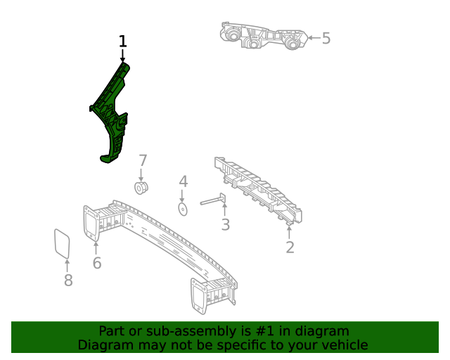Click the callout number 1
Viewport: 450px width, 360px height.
click(x=123, y=41)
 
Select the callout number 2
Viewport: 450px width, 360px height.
click(x=290, y=247)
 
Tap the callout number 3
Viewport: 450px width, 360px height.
click(x=225, y=225)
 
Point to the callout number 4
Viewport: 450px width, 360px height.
click(x=183, y=181)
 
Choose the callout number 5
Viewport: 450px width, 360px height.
click(x=326, y=38)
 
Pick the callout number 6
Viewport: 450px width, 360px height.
click(x=97, y=263)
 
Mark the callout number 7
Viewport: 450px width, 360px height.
click(x=142, y=160)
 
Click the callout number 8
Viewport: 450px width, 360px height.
click(x=68, y=281)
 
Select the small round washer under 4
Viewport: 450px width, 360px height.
click(x=183, y=209)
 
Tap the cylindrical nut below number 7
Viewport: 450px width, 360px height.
click(x=142, y=188)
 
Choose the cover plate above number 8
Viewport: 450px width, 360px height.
click(x=63, y=243)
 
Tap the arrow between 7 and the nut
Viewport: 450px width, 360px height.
click(x=142, y=174)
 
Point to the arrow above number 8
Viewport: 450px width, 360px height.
click(x=67, y=265)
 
